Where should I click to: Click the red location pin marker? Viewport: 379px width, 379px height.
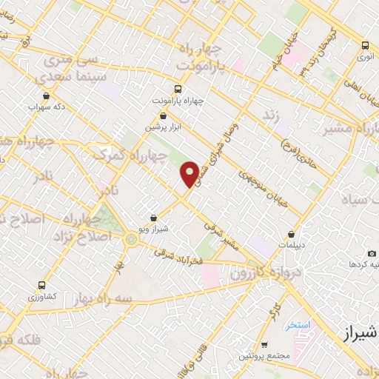tap(190, 174)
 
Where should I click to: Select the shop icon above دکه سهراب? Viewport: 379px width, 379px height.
tap(47, 95)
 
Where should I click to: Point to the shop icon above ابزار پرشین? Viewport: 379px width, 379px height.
tap(164, 116)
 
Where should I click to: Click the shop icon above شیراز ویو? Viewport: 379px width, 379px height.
tap(152, 218)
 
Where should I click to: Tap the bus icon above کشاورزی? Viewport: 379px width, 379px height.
tap(42, 285)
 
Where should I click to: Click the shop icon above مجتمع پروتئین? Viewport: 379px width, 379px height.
tap(264, 345)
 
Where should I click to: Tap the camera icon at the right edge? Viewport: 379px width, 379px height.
tap(352, 263)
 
